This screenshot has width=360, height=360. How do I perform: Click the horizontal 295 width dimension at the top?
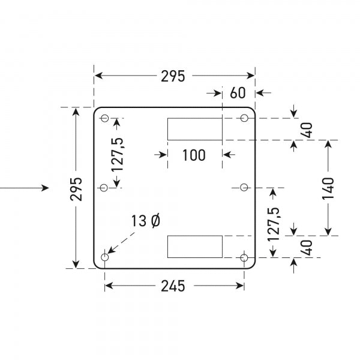coord(173,76)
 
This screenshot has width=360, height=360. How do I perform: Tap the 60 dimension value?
coord(238,93)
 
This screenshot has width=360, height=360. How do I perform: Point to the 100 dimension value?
coord(193,155)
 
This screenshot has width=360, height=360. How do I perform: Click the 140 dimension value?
coord(327,188)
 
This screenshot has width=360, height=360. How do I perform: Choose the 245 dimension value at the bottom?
coord(173,286)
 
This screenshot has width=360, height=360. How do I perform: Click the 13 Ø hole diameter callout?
coord(146,221)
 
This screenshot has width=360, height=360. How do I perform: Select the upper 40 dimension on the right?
coord(306,129)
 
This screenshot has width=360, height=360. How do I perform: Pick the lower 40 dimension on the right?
coord(306,247)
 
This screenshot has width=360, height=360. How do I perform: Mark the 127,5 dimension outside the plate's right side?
coord(274,224)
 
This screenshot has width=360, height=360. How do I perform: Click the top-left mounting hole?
coord(104,118)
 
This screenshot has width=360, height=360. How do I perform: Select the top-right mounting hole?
coord(244,118)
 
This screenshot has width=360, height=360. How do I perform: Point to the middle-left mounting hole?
coord(104,188)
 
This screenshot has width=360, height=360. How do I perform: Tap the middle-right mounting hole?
coord(244,188)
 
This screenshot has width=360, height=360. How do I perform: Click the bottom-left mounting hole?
coord(105,258)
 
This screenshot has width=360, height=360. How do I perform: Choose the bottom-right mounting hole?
coord(244,258)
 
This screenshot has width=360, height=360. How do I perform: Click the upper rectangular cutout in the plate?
coord(194,129)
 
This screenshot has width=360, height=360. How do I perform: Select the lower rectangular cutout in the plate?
coord(194,247)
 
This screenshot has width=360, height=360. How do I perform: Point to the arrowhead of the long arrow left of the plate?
coord(46,188)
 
